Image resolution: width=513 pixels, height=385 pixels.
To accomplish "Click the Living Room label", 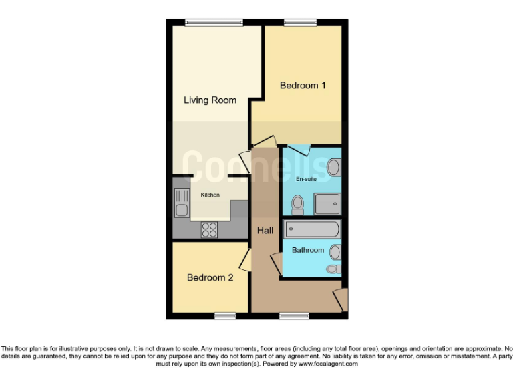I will click(x=210, y=100).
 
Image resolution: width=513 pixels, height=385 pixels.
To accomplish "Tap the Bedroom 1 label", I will click(x=303, y=86).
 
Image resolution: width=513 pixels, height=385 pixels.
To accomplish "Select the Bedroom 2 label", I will click(x=210, y=277).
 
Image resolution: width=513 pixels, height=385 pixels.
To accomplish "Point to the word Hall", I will click(x=265, y=231).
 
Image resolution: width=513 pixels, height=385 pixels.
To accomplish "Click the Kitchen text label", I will click(x=210, y=195).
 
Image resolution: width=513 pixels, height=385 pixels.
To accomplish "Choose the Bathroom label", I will click(x=308, y=250).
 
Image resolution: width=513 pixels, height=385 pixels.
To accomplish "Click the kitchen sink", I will click(x=181, y=203).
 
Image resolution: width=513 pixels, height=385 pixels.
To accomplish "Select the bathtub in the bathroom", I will click(x=312, y=230).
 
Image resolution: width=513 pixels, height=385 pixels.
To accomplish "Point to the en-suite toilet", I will click(x=297, y=205).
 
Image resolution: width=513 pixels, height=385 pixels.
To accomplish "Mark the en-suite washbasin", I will click(x=333, y=167).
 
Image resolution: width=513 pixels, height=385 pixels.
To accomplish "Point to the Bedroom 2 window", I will click(x=225, y=315).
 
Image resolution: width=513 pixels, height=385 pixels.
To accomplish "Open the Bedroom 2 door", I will click(x=246, y=259).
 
